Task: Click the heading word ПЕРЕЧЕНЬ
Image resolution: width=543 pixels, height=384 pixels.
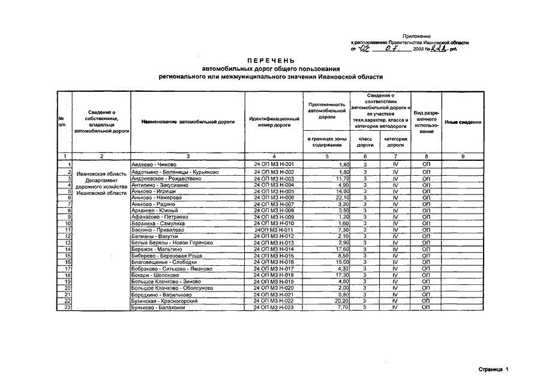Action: [x=270, y=61]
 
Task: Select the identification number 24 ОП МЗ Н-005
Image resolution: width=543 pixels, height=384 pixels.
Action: [x=274, y=191]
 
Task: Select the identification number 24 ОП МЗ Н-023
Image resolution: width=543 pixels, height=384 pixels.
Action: [x=274, y=307]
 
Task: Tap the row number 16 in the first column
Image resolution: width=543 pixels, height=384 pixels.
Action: [x=68, y=262]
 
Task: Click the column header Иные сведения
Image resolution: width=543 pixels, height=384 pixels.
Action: [x=463, y=122]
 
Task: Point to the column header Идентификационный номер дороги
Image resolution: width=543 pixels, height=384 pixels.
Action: [x=274, y=122]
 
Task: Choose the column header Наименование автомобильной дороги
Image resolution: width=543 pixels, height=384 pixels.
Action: [x=188, y=122]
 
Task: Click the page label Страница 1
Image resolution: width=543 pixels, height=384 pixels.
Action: [x=493, y=369]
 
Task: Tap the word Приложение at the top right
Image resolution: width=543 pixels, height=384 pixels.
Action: [x=417, y=37]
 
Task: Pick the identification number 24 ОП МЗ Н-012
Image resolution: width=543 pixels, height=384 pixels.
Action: [x=274, y=236]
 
